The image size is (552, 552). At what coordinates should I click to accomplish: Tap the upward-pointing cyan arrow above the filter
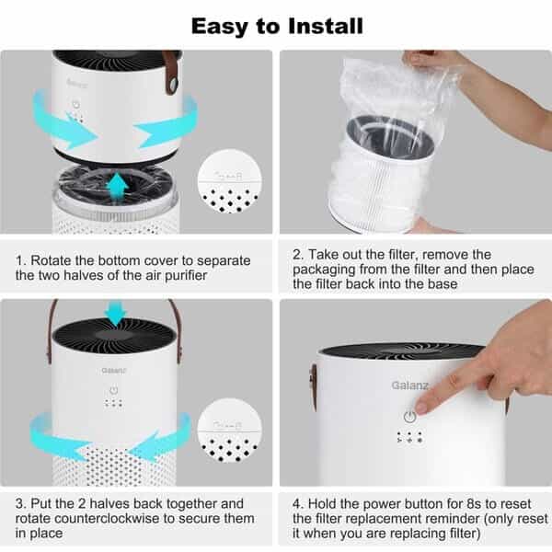point(116,187)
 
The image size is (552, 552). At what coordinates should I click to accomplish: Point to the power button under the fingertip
point(409,417)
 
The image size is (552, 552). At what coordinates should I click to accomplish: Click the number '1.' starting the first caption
point(20,261)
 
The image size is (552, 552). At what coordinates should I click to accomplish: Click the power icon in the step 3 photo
point(114,389)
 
